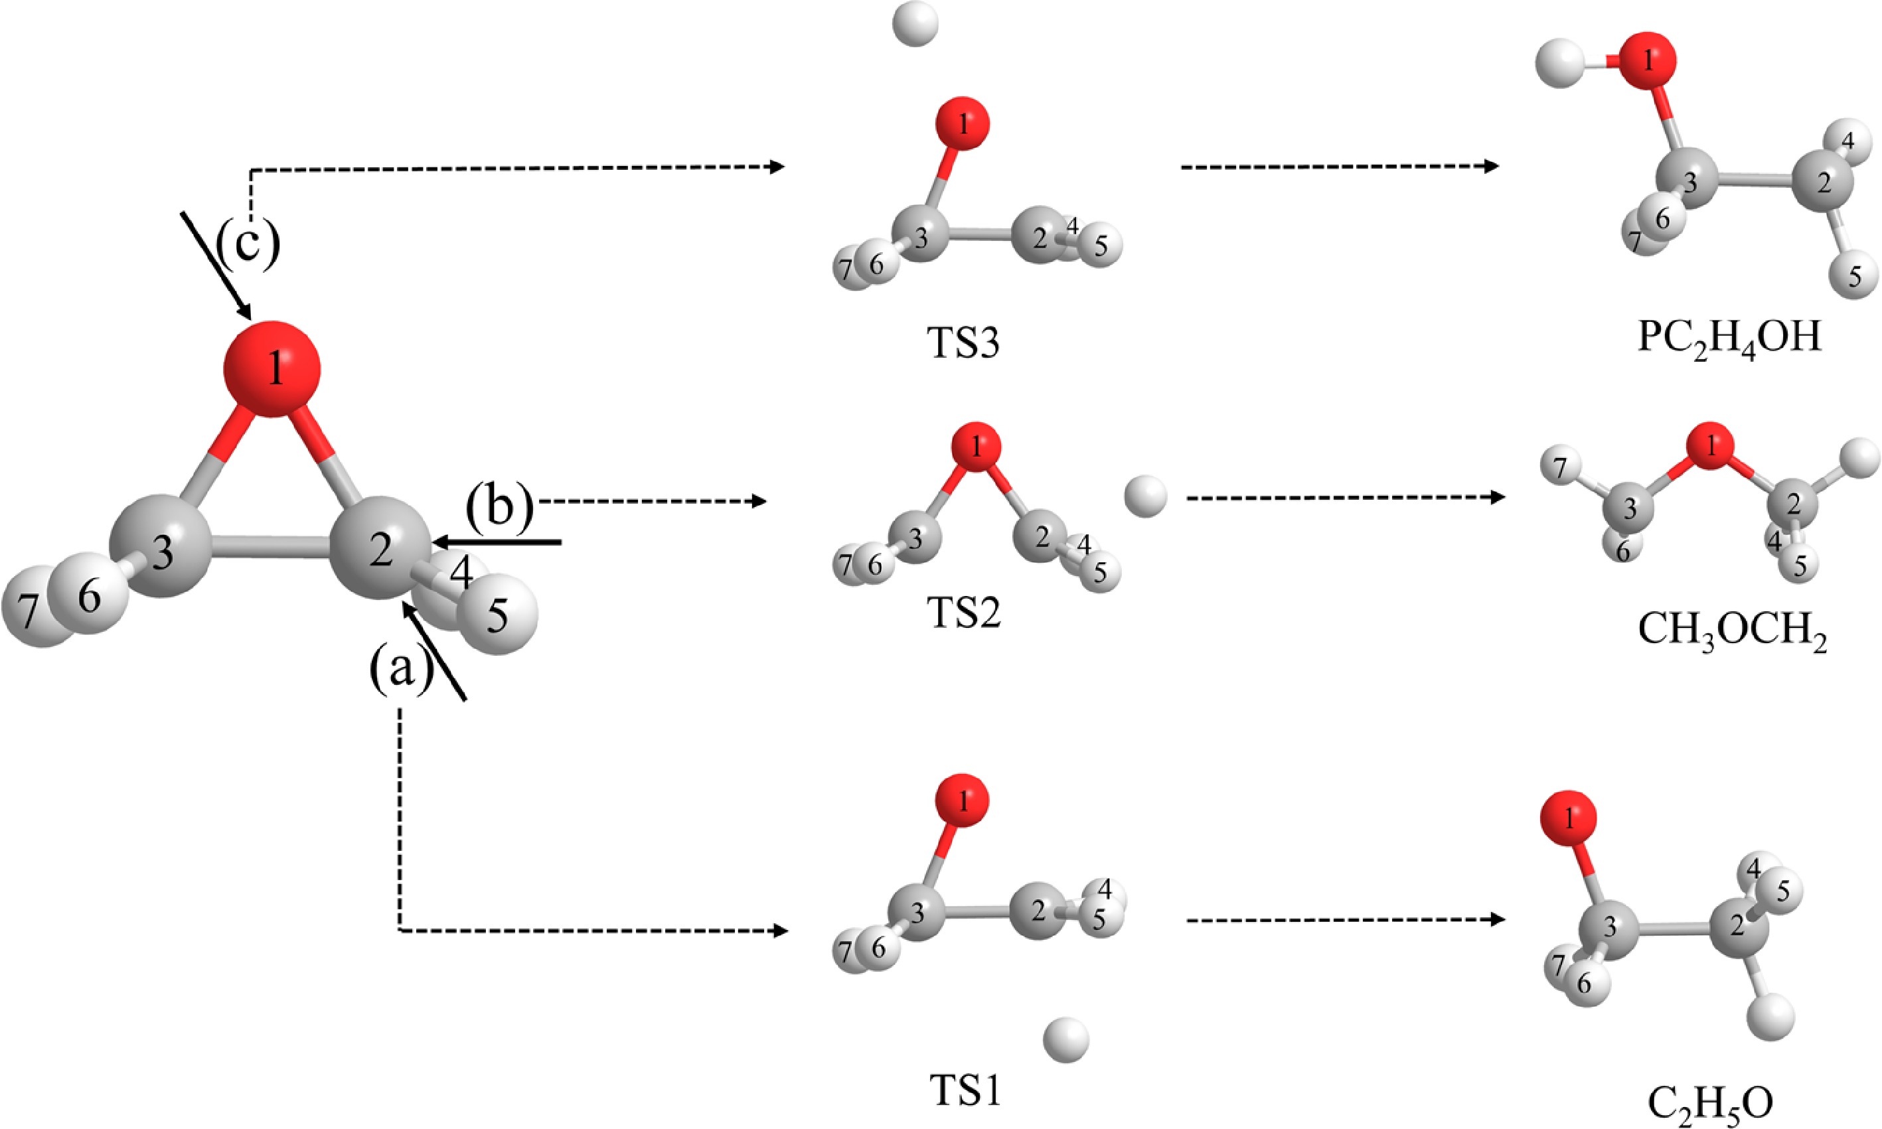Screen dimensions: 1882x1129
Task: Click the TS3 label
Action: pyautogui.click(x=963, y=344)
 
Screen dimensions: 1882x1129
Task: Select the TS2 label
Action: pyautogui.click(x=963, y=613)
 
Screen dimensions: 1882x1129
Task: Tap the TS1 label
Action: pyautogui.click(x=965, y=1091)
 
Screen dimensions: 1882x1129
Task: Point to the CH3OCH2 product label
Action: pyautogui.click(x=1732, y=631)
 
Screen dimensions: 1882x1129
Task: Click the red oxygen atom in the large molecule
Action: pyautogui.click(x=272, y=369)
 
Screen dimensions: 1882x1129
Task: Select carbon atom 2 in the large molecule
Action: pyautogui.click(x=379, y=547)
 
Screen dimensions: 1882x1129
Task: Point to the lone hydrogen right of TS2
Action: pyautogui.click(x=1145, y=496)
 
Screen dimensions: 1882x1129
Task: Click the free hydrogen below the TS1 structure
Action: pyautogui.click(x=1065, y=1039)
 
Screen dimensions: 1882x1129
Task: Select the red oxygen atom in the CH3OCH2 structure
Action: pyautogui.click(x=1711, y=447)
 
